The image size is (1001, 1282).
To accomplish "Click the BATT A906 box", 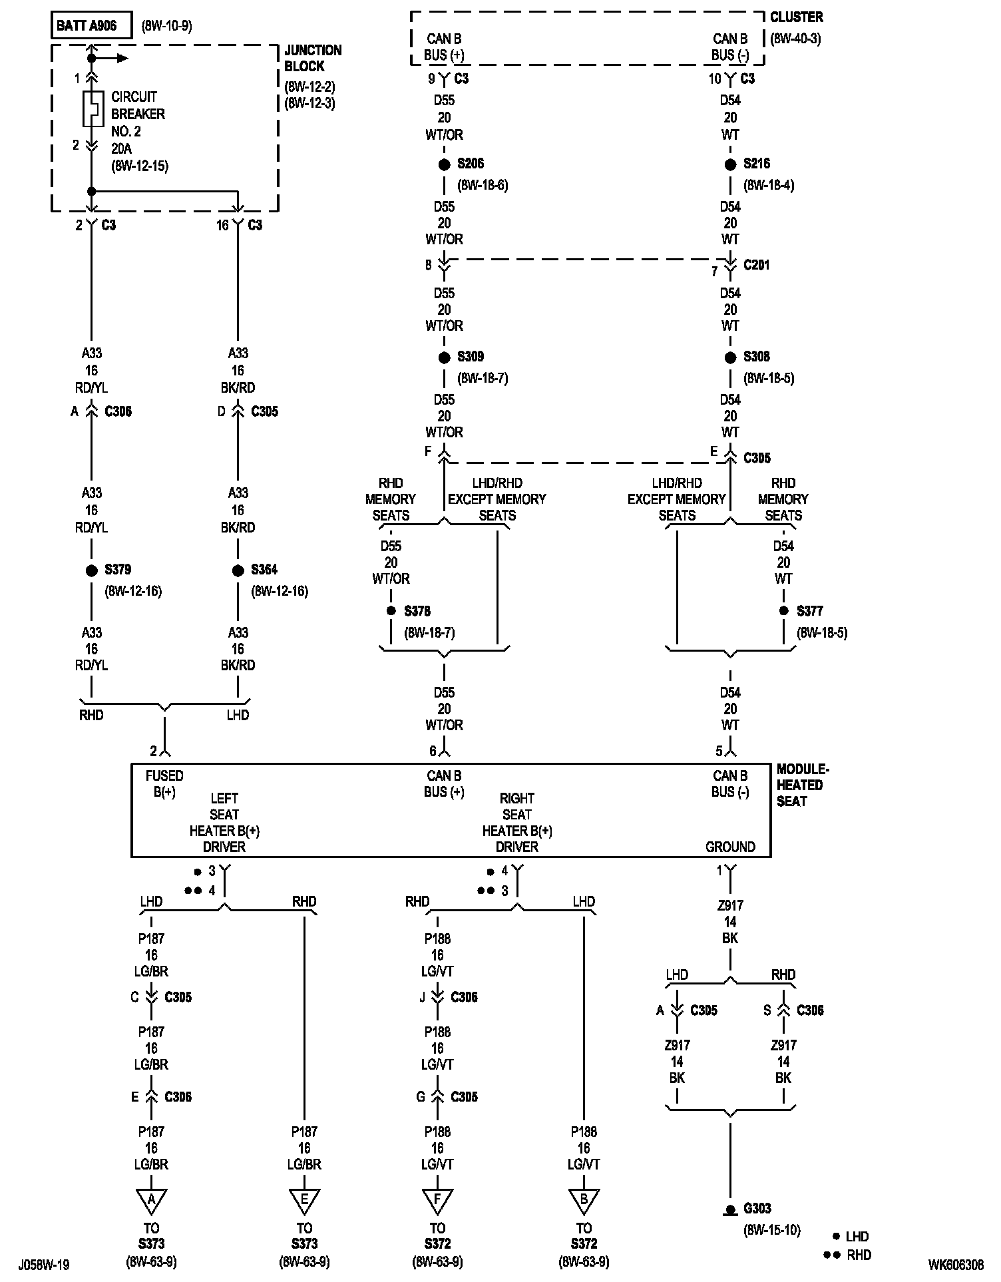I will [x=91, y=26].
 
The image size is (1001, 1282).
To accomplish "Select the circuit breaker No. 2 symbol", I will [x=93, y=108].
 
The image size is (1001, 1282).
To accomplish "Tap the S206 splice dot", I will [x=444, y=164].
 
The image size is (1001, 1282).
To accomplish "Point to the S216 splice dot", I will [x=730, y=164].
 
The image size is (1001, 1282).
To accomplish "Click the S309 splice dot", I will [x=444, y=357].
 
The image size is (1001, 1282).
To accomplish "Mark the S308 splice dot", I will [x=730, y=357].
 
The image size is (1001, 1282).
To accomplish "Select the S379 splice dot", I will [x=92, y=570].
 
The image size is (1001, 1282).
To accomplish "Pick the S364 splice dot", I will [x=238, y=570].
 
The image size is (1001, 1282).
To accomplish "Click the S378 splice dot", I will [x=391, y=611].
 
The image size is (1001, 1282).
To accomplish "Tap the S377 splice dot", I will [x=784, y=611].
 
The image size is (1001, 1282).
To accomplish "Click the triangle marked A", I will [x=151, y=1199].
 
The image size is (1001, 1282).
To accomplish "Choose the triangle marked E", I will [x=304, y=1199].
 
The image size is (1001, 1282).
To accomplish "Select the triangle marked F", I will [x=437, y=1199].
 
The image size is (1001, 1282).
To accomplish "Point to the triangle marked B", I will [x=584, y=1199].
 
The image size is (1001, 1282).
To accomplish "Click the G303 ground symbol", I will [x=730, y=1209].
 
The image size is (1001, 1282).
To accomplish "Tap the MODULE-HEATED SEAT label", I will [x=803, y=785].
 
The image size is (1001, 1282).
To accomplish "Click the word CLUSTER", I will [x=796, y=17].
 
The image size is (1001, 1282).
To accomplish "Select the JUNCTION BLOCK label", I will [x=313, y=59].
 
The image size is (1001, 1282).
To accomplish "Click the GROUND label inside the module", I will [x=730, y=847].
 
